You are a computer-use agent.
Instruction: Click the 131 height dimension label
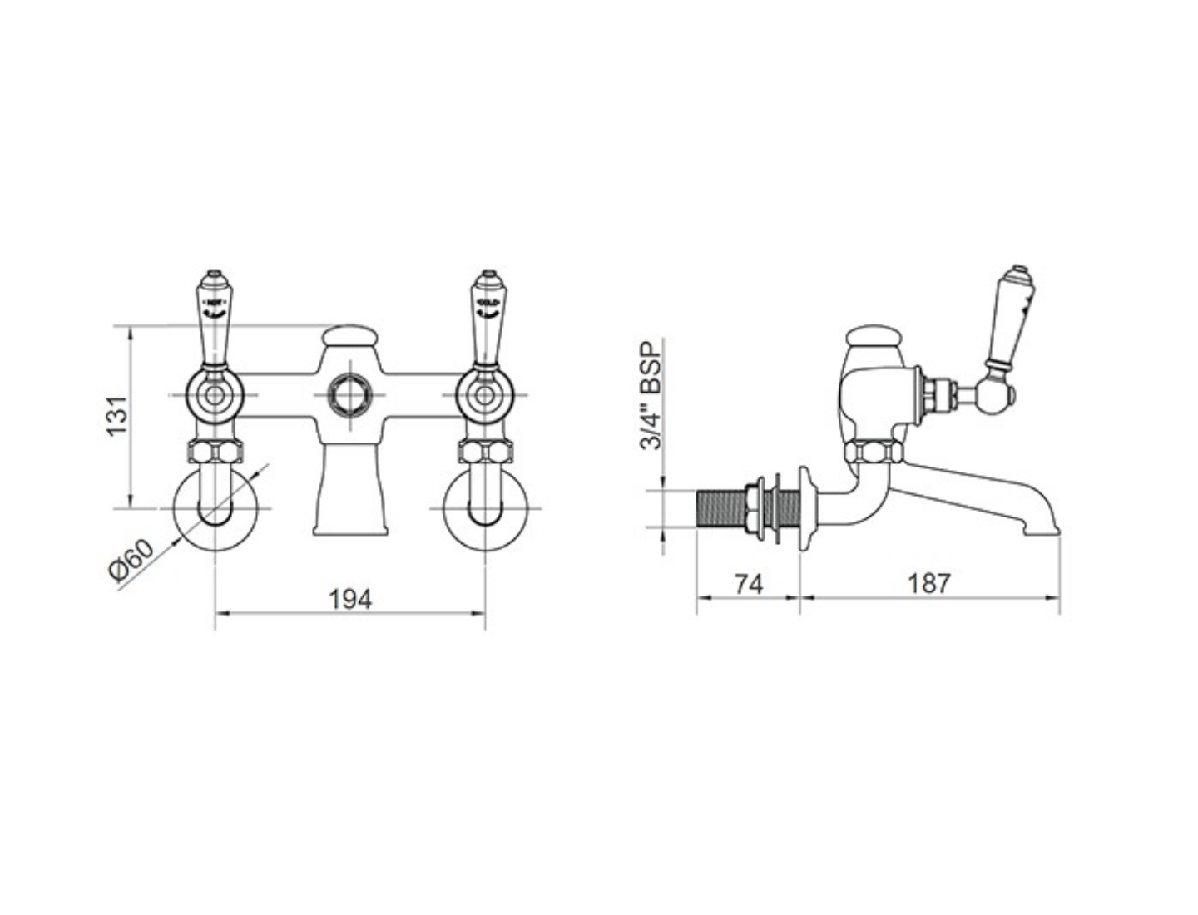click(119, 415)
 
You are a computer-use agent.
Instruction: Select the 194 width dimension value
click(350, 598)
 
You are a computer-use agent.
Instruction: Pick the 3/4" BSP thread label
click(651, 394)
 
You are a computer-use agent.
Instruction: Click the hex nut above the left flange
click(215, 453)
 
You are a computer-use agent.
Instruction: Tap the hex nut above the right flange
click(485, 453)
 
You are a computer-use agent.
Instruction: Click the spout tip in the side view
click(1045, 524)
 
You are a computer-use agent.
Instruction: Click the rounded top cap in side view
click(874, 336)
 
